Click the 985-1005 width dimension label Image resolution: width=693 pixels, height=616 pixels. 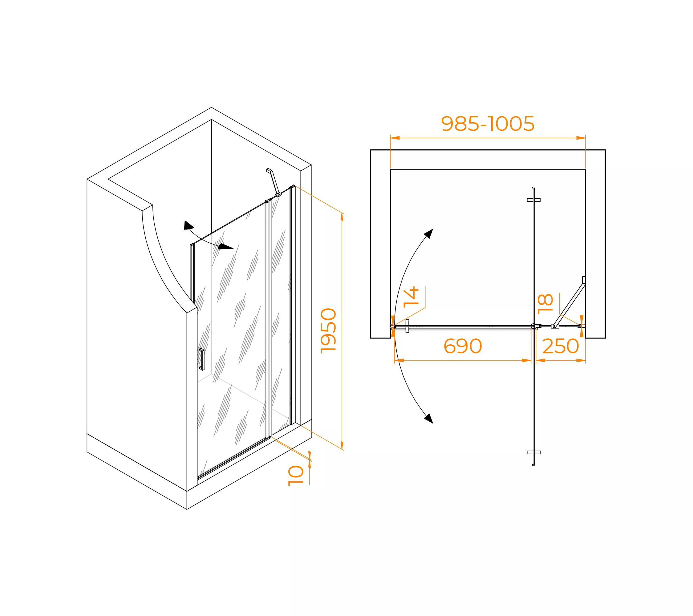tap(488, 124)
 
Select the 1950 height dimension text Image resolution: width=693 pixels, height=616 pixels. tap(328, 331)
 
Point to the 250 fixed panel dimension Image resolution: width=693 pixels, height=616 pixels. tap(561, 346)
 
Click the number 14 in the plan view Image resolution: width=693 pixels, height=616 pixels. tap(411, 297)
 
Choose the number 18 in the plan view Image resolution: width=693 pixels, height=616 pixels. tap(545, 304)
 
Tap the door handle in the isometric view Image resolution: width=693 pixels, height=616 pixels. tap(202, 359)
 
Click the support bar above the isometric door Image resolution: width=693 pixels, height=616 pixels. tap(274, 182)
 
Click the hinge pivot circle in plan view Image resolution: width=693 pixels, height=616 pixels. tap(534, 326)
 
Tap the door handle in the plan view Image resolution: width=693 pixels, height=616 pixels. tap(407, 326)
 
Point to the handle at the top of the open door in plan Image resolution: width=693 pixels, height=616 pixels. tap(534, 200)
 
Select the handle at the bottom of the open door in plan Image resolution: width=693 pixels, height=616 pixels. tap(534, 452)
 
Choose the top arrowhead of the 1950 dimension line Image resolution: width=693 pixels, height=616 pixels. tap(342, 217)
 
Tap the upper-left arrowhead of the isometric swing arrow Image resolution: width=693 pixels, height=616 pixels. tap(188, 225)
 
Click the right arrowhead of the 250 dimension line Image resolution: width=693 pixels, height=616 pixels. tap(581, 360)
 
